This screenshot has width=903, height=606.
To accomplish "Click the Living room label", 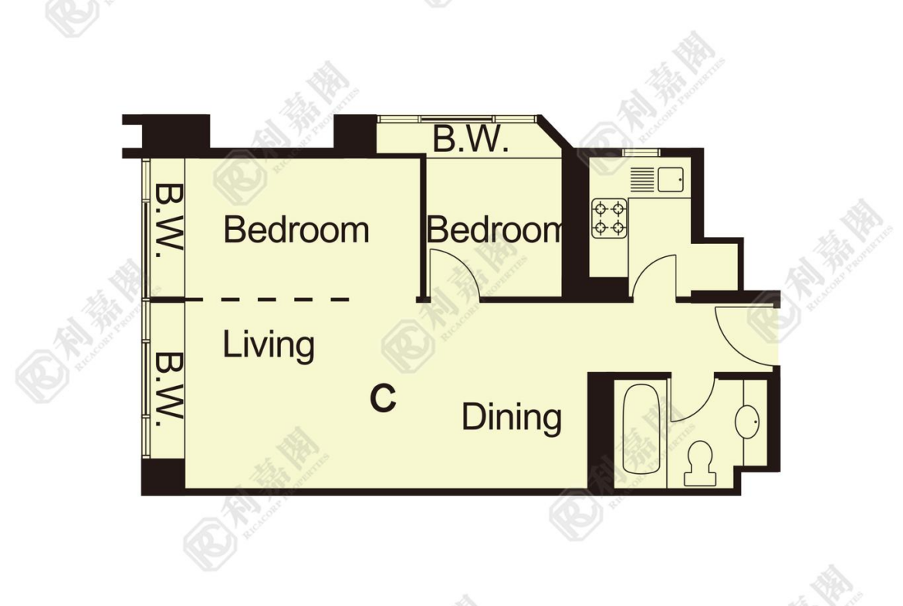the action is [x=269, y=346].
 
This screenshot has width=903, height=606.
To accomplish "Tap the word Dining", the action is [x=512, y=417].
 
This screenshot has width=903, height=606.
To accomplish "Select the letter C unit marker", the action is [x=383, y=398].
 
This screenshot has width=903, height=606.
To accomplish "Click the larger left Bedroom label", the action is [x=296, y=229].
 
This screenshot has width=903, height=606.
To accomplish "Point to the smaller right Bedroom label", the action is [x=494, y=229].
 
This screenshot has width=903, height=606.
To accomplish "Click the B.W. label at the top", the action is [x=470, y=140].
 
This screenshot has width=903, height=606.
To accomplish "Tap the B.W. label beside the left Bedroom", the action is [x=169, y=218].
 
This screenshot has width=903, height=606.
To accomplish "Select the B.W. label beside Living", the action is [x=169, y=386].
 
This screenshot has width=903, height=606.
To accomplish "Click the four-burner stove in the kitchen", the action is [x=609, y=218].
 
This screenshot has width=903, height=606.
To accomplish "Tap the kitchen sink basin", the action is [x=671, y=179].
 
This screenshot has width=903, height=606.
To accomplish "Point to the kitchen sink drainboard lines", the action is [x=641, y=179].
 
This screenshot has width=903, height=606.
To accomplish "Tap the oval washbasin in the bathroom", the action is [x=748, y=421].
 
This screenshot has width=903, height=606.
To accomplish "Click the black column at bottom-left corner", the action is [x=163, y=477].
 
